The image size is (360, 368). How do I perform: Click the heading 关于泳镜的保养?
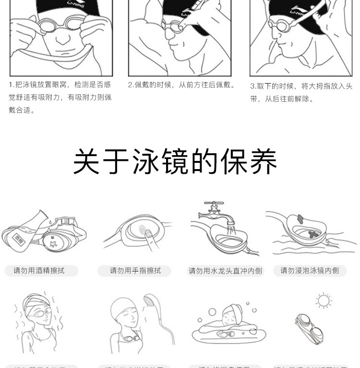pyautogui.click(x=175, y=162)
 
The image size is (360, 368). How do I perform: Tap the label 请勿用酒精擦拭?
pyautogui.click(x=39, y=271)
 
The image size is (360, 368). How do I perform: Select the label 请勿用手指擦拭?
pyautogui.click(x=135, y=271)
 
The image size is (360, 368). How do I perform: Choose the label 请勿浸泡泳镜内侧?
pyautogui.click(x=310, y=271)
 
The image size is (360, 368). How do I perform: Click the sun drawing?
pyautogui.click(x=324, y=301)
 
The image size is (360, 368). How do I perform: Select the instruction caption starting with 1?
pyautogui.click(x=60, y=97)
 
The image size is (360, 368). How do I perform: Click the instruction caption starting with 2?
pyautogui.click(x=182, y=85)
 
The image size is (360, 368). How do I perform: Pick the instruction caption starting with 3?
pyautogui.click(x=301, y=92)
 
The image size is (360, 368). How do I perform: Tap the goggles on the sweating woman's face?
pyautogui.click(x=37, y=312)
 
